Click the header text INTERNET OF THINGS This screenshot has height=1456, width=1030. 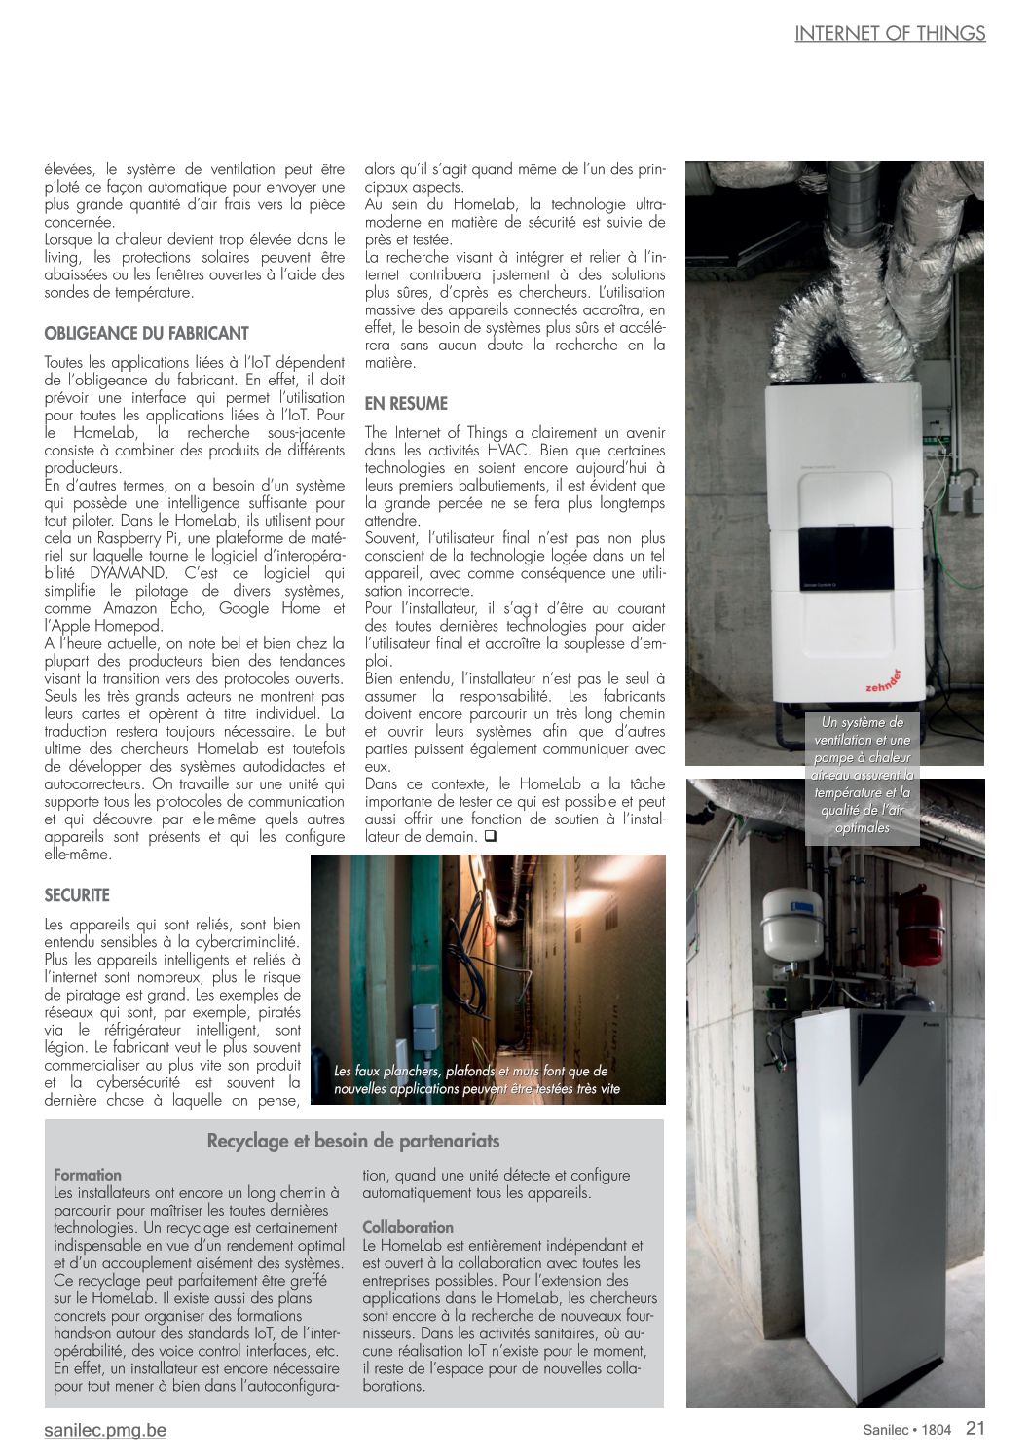click(x=890, y=33)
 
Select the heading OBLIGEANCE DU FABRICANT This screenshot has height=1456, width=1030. click(x=146, y=333)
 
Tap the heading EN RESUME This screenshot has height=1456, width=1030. click(x=406, y=403)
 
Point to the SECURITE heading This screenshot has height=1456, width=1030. click(x=77, y=895)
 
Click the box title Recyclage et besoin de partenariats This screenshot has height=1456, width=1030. click(x=353, y=1141)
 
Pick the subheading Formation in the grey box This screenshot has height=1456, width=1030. click(x=88, y=1175)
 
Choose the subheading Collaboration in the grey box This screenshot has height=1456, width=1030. click(x=408, y=1227)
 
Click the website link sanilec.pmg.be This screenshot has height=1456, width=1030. click(x=105, y=1430)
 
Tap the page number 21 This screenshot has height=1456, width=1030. click(x=975, y=1428)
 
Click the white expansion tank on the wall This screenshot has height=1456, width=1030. click(x=791, y=921)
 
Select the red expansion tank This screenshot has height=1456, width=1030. click(x=919, y=928)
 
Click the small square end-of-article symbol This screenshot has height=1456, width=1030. click(x=490, y=836)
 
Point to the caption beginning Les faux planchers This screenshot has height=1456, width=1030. click(x=476, y=1079)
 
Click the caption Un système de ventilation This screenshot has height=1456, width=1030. click(x=863, y=775)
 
